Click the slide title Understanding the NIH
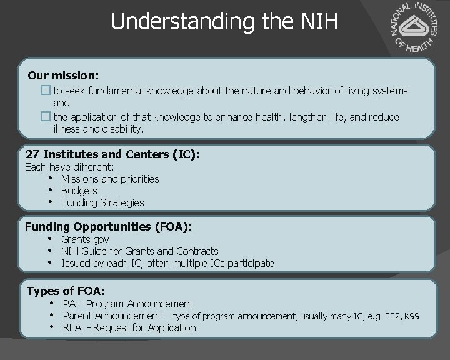224,22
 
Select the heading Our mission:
63,76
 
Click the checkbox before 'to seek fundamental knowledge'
45,91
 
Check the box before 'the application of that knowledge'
45,117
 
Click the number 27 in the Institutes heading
32,154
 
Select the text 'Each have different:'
69,167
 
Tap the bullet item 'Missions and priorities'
110,179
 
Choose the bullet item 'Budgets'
79,191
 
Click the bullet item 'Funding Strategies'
102,202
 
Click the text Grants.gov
85,239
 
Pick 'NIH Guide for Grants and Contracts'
139,251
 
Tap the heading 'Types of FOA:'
66,291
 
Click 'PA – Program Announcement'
128,304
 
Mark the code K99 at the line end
412,316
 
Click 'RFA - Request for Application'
129,327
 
